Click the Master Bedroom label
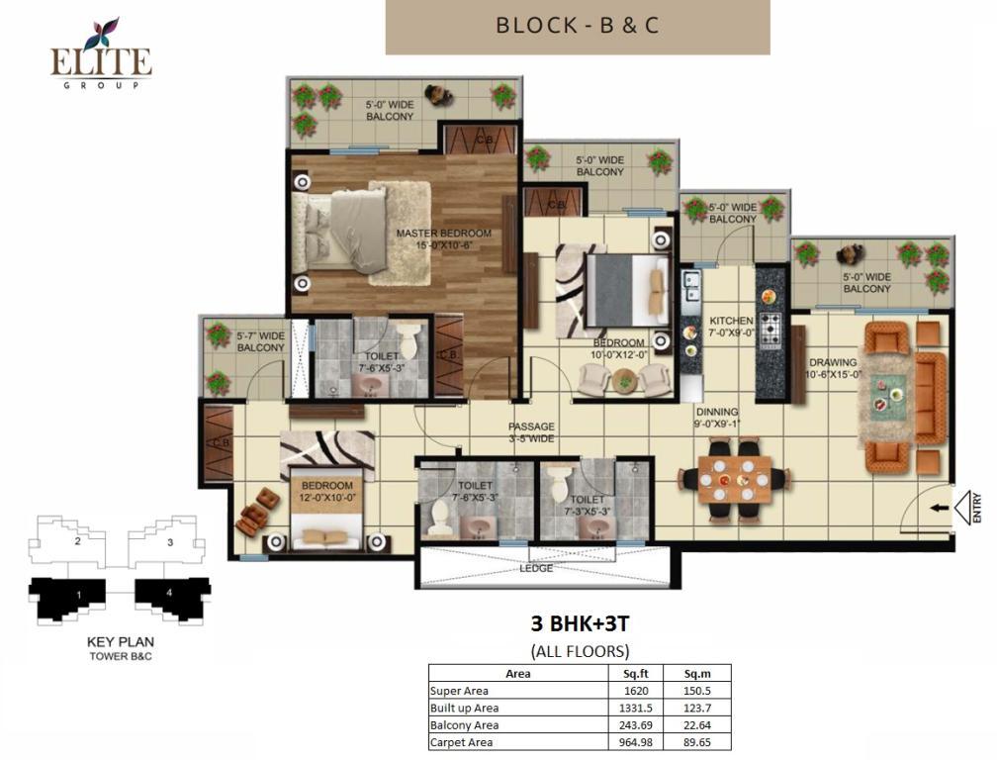(x=444, y=239)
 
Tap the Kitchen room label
(x=731, y=327)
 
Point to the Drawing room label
(x=833, y=369)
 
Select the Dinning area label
(x=716, y=418)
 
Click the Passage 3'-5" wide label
(x=531, y=432)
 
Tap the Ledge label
(x=536, y=568)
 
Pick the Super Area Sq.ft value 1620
(x=636, y=691)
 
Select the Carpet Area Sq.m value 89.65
(x=697, y=742)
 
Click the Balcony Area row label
(x=464, y=725)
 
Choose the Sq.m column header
(x=697, y=674)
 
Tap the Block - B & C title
(x=578, y=26)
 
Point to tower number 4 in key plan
(x=169, y=593)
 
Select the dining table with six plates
(x=735, y=479)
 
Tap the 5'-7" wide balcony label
(x=261, y=341)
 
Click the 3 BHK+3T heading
(x=580, y=623)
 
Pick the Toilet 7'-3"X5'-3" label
(x=587, y=505)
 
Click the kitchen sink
(x=690, y=285)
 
